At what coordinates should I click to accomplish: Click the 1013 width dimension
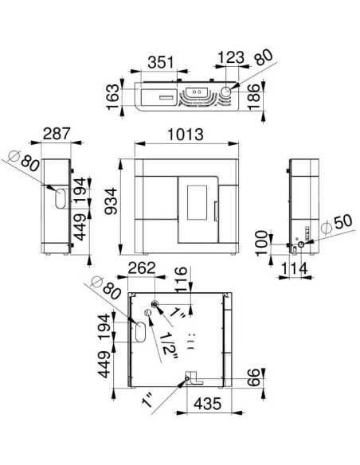(x=186, y=135)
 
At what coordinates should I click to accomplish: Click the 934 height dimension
(x=112, y=201)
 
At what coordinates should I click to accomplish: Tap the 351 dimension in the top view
(x=160, y=63)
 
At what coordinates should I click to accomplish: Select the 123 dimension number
(x=231, y=57)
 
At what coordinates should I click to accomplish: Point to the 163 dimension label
(x=113, y=96)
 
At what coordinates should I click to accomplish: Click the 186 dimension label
(x=254, y=97)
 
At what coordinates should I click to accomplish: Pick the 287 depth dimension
(x=57, y=134)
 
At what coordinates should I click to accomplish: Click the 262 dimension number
(x=142, y=268)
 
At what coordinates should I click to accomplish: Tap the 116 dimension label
(x=181, y=279)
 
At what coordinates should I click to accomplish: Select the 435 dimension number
(x=208, y=404)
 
